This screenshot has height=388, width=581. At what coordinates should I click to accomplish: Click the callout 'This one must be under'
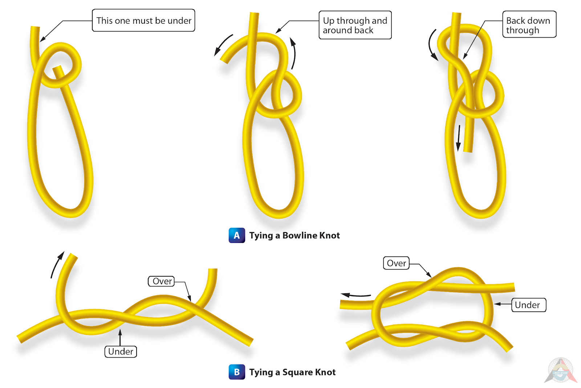143,21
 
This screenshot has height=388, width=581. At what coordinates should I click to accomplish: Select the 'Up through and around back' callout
355,25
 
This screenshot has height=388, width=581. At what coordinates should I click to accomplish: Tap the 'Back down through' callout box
529,25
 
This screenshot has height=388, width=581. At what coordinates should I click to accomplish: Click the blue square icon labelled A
237,235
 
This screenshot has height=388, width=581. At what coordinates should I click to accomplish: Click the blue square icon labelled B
237,372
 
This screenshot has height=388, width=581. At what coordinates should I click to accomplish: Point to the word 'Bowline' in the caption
300,235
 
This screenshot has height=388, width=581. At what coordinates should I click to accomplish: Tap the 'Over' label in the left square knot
162,281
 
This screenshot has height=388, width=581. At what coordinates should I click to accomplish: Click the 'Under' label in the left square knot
121,351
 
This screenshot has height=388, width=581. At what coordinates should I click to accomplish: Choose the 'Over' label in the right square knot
396,263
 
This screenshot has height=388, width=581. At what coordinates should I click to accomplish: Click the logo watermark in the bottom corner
560,370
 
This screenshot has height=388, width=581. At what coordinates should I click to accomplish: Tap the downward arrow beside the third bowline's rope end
459,138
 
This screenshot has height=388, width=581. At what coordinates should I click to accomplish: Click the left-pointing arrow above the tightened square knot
356,295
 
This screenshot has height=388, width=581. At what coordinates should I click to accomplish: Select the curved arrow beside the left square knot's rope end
57,265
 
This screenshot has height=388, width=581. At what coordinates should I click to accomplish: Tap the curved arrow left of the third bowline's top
432,45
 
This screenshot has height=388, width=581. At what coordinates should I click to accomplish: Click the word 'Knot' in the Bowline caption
329,235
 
